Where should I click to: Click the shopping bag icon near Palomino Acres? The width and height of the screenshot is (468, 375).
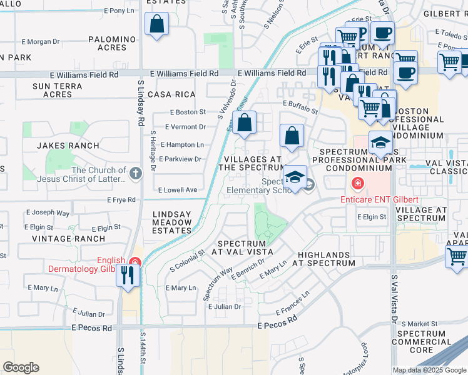click(156, 26)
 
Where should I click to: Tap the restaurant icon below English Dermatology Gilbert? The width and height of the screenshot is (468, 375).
click(128, 276)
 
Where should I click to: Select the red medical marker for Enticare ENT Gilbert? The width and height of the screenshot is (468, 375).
click(357, 184)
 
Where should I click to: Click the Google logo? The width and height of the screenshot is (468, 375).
click(21, 367)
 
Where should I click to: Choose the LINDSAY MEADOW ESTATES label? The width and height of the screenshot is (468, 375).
click(172, 222)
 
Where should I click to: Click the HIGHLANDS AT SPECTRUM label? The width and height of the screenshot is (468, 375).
click(326, 259)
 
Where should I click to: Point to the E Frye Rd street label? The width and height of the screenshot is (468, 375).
click(122, 200)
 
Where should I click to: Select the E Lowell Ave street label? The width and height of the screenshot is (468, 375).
click(178, 189)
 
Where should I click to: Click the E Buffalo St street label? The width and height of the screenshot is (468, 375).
click(300, 107)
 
